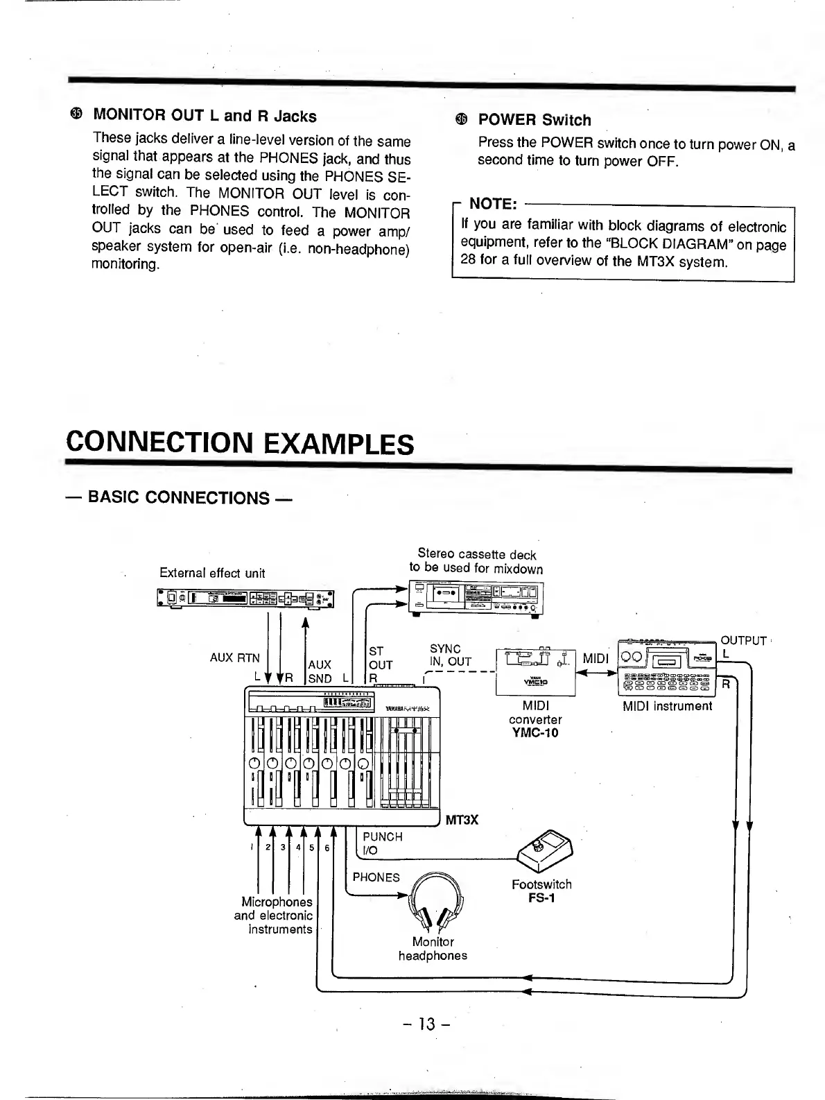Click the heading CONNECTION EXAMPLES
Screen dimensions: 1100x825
[x=240, y=442]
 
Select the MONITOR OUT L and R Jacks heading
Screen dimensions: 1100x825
[x=205, y=116]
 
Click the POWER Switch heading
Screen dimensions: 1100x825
[x=534, y=120]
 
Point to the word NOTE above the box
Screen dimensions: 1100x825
[x=492, y=204]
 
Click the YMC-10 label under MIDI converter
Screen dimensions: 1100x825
[x=535, y=733]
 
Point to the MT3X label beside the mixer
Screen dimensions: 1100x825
[x=461, y=820]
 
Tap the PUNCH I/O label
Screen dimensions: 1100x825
[x=382, y=843]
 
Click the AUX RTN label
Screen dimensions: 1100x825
[x=234, y=658]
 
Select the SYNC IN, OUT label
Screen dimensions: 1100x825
[x=450, y=655]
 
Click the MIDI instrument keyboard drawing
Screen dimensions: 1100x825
[x=666, y=667]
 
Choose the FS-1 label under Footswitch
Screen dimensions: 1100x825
[x=541, y=898]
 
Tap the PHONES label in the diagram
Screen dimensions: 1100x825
[x=376, y=877]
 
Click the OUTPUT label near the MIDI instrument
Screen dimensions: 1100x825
[x=743, y=640]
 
